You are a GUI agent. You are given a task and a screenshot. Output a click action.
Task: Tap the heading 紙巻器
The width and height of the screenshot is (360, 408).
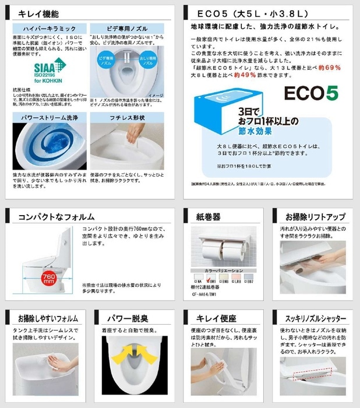208,216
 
